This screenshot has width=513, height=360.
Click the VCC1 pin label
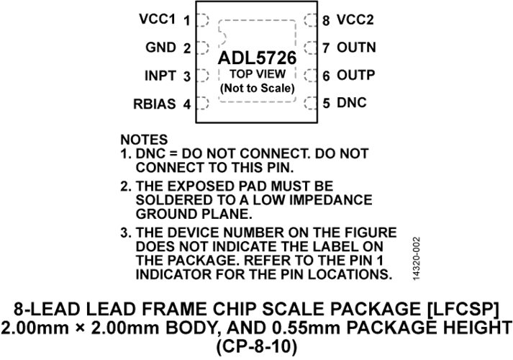coord(158,19)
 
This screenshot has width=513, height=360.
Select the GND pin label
coord(160,48)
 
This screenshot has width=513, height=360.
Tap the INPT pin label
coord(160,76)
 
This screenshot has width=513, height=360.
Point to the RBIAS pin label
coord(155,104)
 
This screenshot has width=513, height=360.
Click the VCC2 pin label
coord(355,19)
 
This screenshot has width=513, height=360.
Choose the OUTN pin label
coord(356,48)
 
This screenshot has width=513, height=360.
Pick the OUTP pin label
coord(355,76)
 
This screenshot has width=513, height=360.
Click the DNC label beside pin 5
coord(352,103)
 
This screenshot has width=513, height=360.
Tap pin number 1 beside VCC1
coord(187,21)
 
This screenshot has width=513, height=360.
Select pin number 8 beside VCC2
coord(326,21)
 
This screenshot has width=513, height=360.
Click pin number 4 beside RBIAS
coord(187,104)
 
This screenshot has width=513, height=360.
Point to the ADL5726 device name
coord(257,58)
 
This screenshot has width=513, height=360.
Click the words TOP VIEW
coord(258,74)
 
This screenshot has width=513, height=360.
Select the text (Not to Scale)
coord(258,88)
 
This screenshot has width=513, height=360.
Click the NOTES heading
coord(144,140)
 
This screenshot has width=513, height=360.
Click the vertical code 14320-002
coord(416,258)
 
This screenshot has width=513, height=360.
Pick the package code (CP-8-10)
coord(257,347)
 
